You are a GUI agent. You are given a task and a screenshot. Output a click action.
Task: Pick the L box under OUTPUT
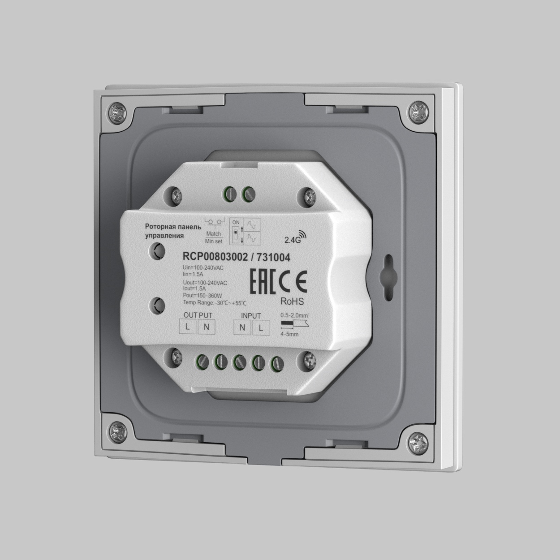coord(187,327)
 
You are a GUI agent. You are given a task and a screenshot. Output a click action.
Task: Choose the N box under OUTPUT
coord(206,327)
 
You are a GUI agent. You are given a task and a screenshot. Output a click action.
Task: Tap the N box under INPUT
coord(242,327)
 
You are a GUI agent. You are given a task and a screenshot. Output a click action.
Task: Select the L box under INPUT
coord(261,328)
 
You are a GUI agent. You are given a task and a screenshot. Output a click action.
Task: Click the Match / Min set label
coord(213,237)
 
